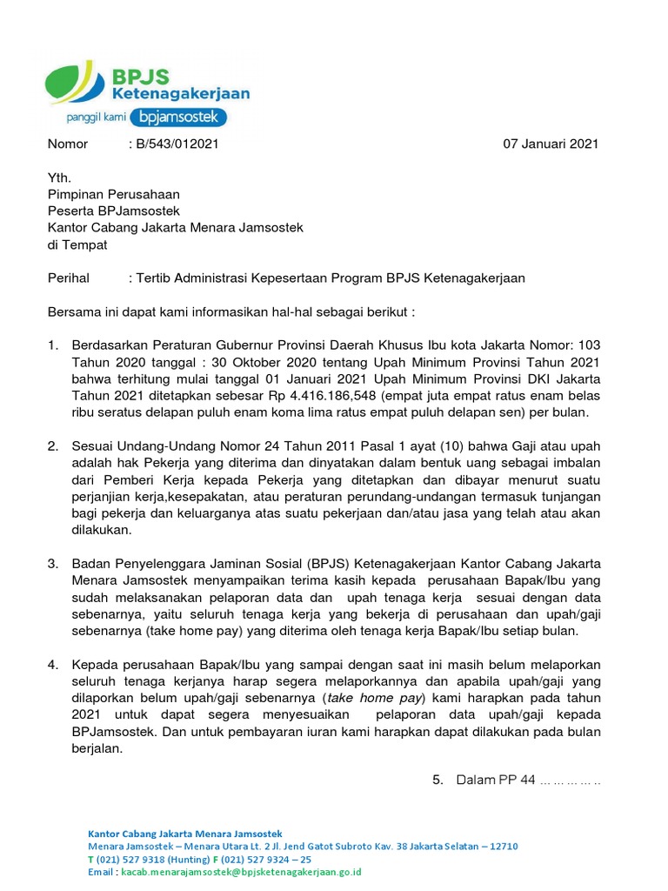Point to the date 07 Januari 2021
pos(551,144)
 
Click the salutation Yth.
pos(58,178)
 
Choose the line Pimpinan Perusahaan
pos(113,195)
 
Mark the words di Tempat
pos(77,245)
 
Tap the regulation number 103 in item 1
pos(589,345)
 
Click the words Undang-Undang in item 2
pos(162,446)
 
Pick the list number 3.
pos(53,564)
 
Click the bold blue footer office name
pos(185,834)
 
